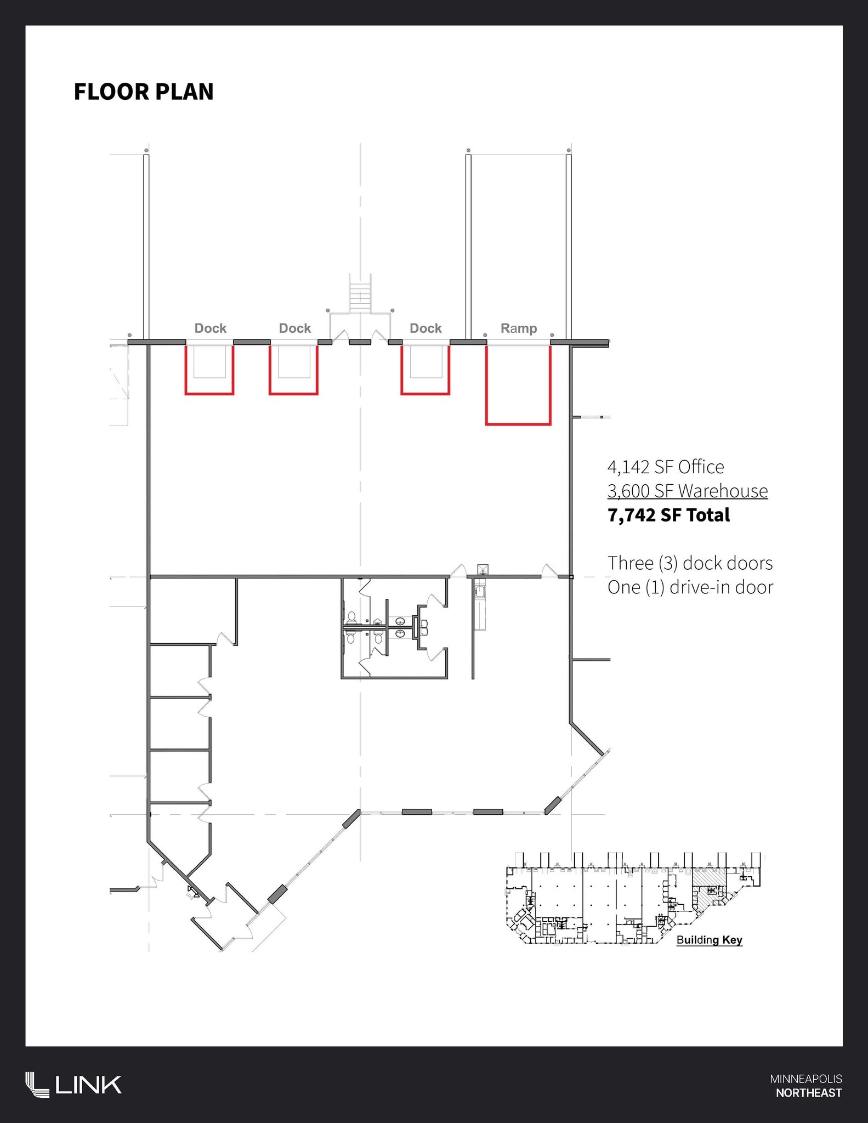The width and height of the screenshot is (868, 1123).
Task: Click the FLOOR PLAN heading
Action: pos(144,92)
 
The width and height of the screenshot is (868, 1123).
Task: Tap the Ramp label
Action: pos(519,328)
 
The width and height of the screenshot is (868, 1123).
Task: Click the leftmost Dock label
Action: pos(211,328)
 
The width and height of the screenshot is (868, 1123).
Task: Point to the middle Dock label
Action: pos(295,328)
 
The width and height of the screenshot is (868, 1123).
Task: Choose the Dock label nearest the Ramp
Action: pos(426,328)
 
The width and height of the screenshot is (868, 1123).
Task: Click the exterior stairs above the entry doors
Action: pos(360,293)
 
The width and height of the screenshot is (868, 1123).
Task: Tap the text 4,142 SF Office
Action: pos(666,467)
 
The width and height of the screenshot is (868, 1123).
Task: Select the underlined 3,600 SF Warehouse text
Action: pos(688,491)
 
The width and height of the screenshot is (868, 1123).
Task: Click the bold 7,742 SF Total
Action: pos(669,515)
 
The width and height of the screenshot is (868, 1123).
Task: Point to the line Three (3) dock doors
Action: pos(690,563)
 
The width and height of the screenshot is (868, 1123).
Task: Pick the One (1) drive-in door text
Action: pos(690,587)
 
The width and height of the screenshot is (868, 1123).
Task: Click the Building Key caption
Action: pos(710,940)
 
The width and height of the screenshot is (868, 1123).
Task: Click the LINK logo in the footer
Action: pos(73,1085)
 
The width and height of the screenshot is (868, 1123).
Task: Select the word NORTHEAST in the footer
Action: pos(809,1093)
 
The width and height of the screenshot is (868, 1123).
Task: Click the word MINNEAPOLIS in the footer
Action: pos(806,1079)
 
